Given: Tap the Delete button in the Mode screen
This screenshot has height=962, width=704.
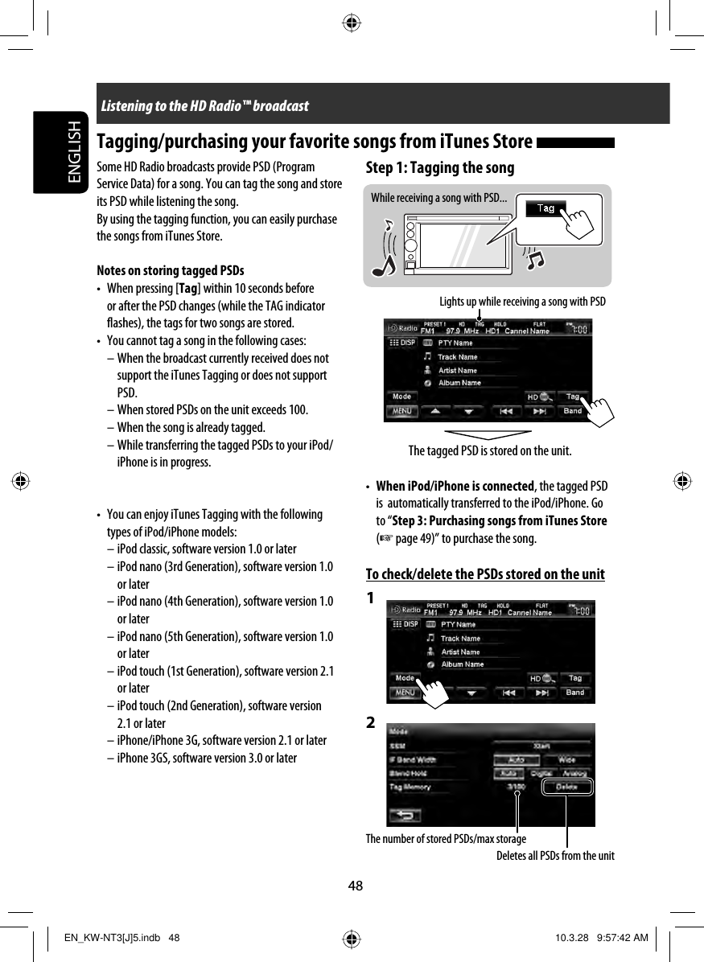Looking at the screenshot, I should pyautogui.click(x=566, y=787).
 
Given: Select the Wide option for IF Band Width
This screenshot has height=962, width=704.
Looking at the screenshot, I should pyautogui.click(x=566, y=759).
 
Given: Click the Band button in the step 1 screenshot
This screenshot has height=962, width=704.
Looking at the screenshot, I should pyautogui.click(x=572, y=411).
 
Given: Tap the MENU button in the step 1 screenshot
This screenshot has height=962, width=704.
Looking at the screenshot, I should pyautogui.click(x=402, y=411).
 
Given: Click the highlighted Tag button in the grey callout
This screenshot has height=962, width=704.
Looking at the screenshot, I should pyautogui.click(x=545, y=208).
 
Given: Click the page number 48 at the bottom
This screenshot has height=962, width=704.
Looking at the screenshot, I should pyautogui.click(x=356, y=886).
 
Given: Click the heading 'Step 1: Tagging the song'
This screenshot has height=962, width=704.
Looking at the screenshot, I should pyautogui.click(x=439, y=168).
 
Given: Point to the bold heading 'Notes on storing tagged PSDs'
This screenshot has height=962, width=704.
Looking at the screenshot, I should pyautogui.click(x=170, y=270).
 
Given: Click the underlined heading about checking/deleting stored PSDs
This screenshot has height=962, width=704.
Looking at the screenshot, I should pyautogui.click(x=485, y=574).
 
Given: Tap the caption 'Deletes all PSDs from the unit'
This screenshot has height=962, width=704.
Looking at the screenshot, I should pyautogui.click(x=554, y=856).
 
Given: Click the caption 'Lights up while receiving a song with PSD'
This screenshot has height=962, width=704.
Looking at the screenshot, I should pyautogui.click(x=522, y=302).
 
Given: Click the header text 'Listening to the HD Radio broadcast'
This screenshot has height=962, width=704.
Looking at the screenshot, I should pyautogui.click(x=204, y=105).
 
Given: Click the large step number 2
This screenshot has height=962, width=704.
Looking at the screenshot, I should pyautogui.click(x=370, y=723).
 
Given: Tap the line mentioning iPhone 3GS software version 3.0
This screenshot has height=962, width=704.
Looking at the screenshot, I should pyautogui.click(x=207, y=758).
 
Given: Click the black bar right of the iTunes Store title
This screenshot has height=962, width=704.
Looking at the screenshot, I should pyautogui.click(x=574, y=143).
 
